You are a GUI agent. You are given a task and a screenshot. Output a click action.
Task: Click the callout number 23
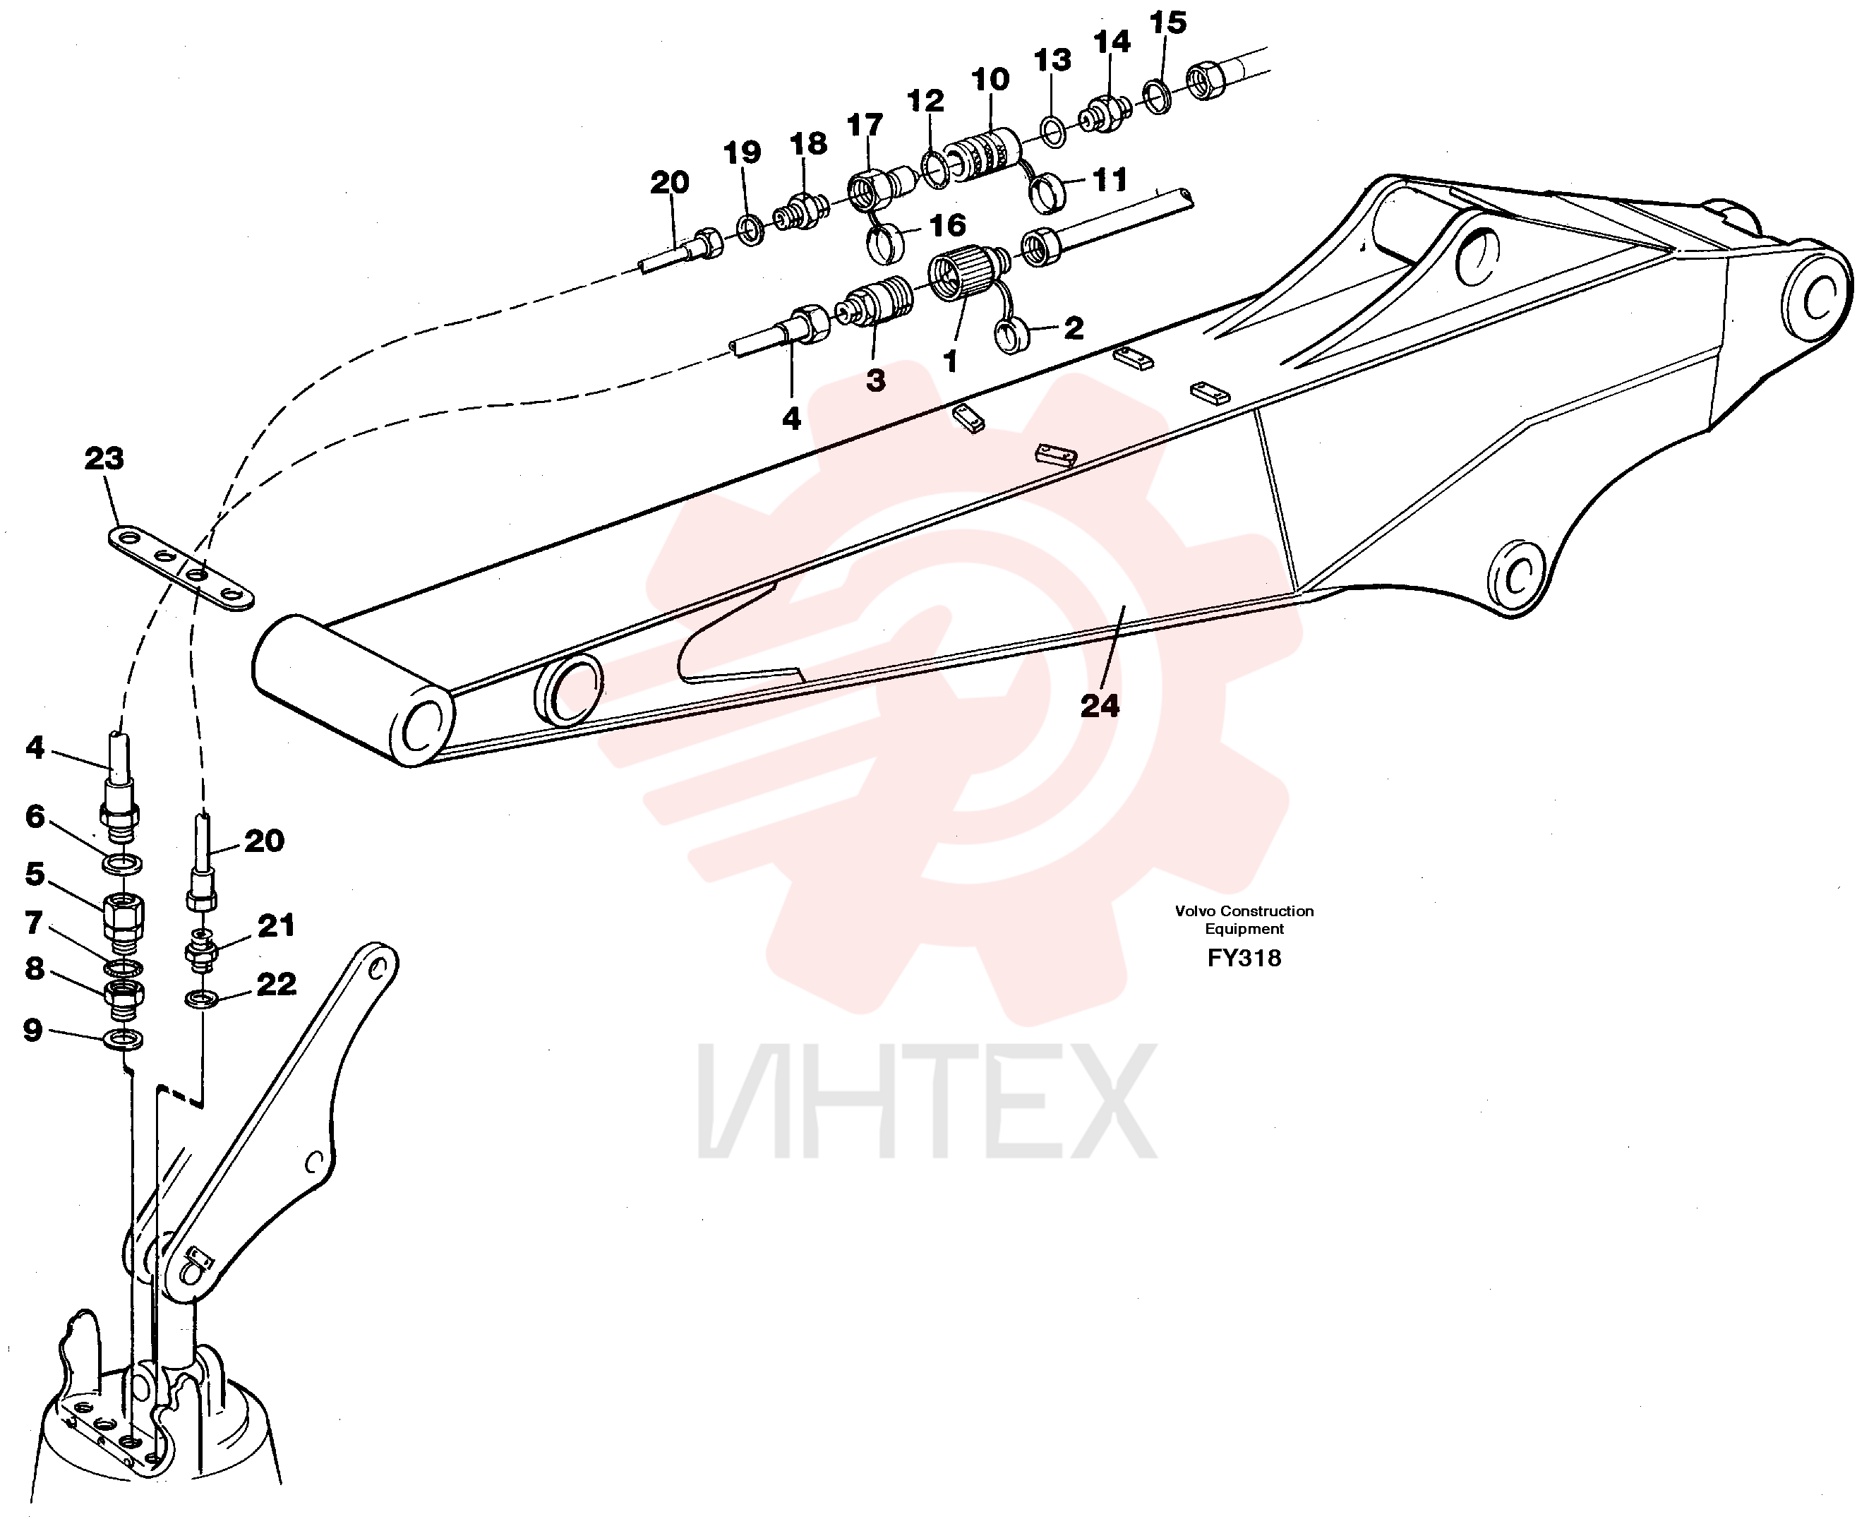coord(104,459)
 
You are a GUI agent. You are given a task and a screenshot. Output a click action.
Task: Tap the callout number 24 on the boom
coord(1100,706)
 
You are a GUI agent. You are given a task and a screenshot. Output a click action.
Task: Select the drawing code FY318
coord(1244,958)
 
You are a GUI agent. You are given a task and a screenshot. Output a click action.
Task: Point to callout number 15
coord(1167,23)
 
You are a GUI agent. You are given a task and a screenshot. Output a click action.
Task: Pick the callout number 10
coord(990,80)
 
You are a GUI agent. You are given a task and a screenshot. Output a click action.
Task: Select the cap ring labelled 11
coord(1045,193)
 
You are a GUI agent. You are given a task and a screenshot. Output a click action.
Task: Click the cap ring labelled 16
coord(884,242)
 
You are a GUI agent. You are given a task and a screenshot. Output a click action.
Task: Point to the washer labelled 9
coord(124,1040)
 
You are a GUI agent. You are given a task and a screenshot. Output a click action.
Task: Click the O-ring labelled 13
coord(1054,131)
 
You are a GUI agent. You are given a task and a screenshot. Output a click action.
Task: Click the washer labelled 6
coord(124,865)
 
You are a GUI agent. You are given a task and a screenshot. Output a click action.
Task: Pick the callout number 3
coord(876,380)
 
